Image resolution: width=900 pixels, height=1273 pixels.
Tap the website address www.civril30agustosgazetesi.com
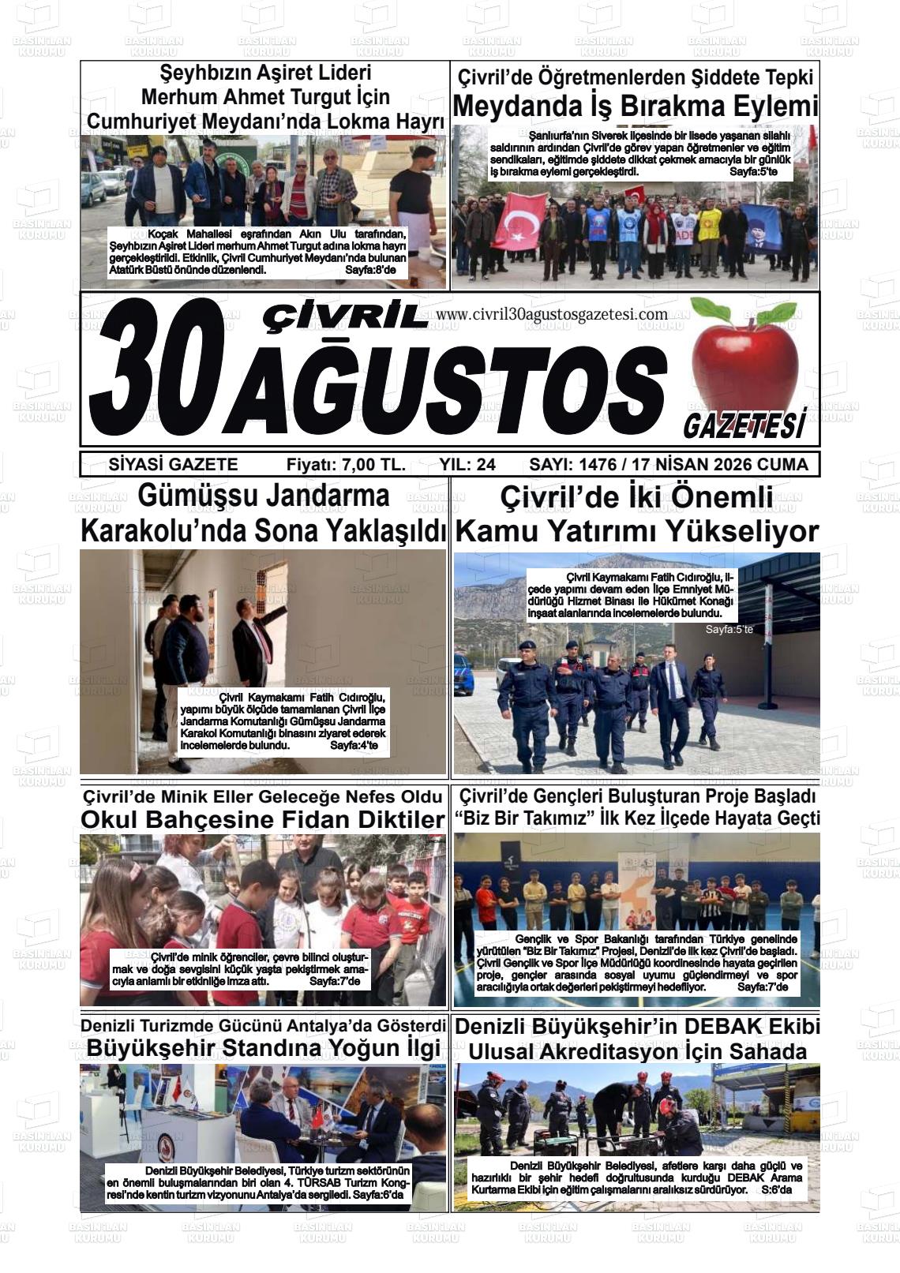[x=551, y=314]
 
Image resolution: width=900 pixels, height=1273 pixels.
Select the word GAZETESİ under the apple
[x=744, y=425]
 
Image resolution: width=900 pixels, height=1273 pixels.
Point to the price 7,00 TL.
[x=373, y=465]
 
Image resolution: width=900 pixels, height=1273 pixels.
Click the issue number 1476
[x=600, y=465]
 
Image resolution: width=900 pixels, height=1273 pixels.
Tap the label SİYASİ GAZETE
[x=173, y=465]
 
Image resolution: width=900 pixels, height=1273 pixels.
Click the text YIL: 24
[x=467, y=465]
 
